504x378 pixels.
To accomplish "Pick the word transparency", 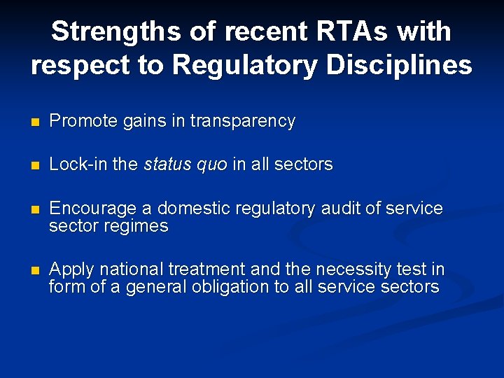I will click(242, 121).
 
